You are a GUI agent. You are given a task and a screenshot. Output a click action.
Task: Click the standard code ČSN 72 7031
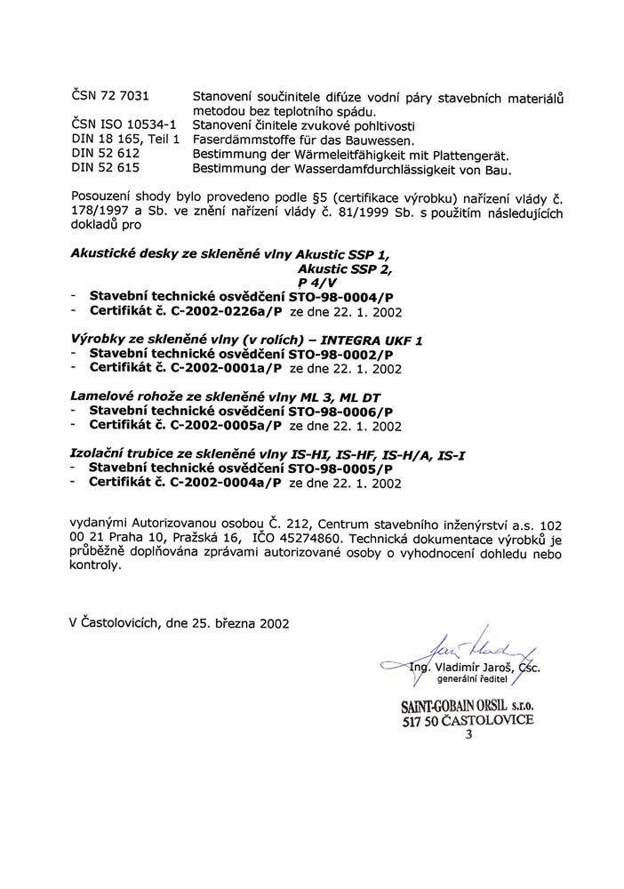(109, 95)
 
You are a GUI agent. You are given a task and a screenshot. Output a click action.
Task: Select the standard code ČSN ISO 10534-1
(124, 124)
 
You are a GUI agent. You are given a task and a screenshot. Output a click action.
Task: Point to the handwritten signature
(462, 651)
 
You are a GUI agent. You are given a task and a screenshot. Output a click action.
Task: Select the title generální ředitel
(470, 679)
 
